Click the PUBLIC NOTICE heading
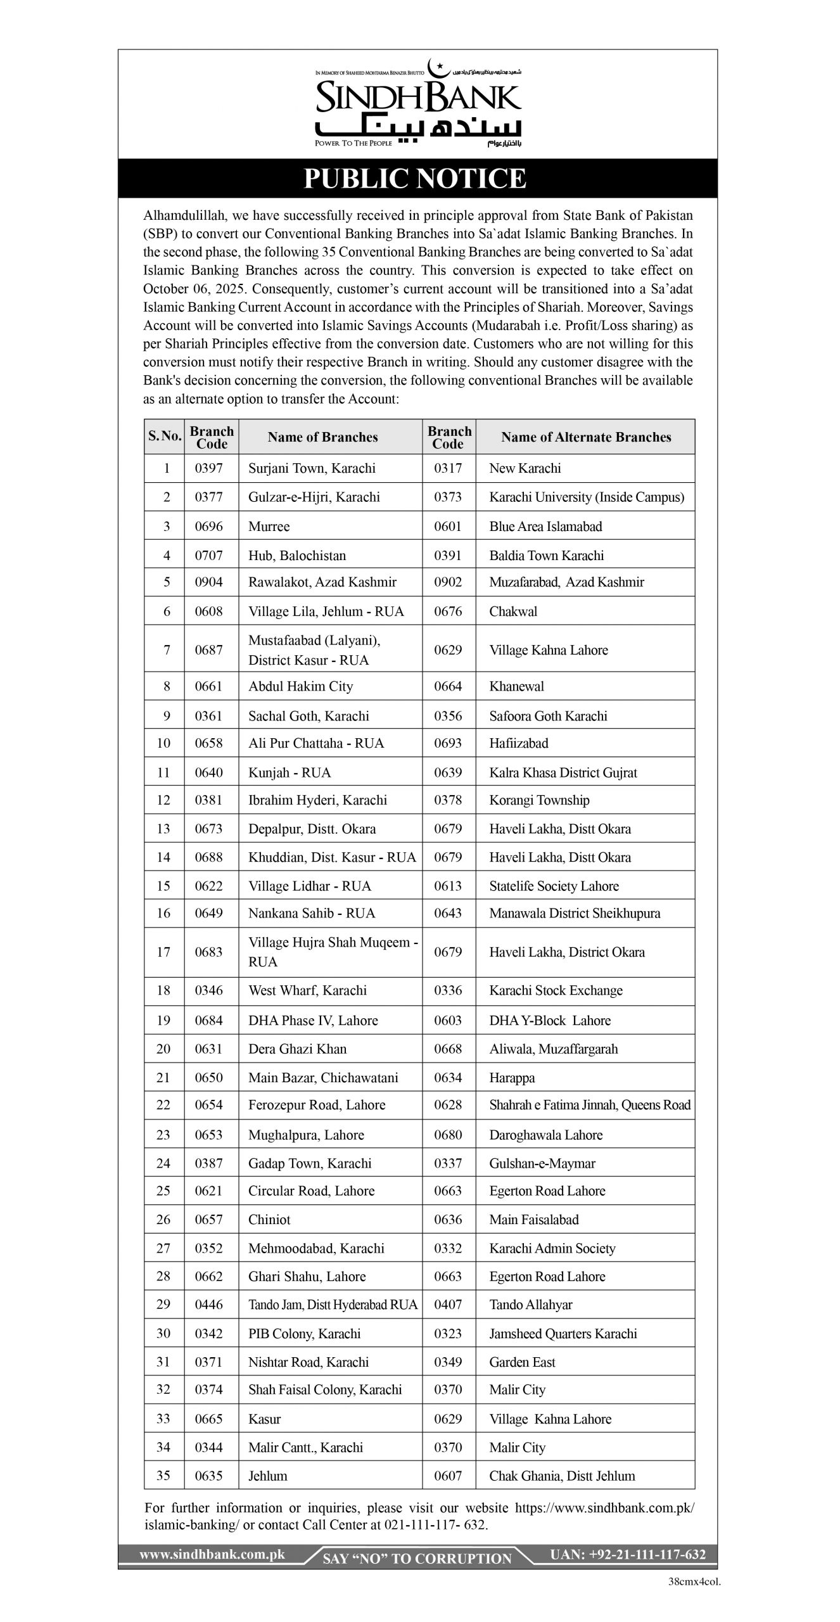click(x=415, y=179)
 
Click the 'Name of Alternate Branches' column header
click(x=585, y=437)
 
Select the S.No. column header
click(x=165, y=437)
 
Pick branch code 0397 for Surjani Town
click(x=208, y=468)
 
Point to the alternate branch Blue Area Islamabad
click(x=545, y=527)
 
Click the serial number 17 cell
click(x=163, y=952)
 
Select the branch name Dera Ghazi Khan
click(x=297, y=1049)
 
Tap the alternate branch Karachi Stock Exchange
click(x=556, y=990)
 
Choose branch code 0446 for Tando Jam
click(x=208, y=1305)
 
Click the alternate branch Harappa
click(x=512, y=1078)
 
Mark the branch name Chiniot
click(x=269, y=1220)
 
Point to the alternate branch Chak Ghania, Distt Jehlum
click(x=561, y=1476)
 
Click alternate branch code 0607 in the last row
click(x=448, y=1476)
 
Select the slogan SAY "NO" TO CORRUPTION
click(x=417, y=1559)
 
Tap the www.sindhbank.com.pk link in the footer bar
click(x=212, y=1554)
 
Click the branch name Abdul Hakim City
click(x=300, y=686)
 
